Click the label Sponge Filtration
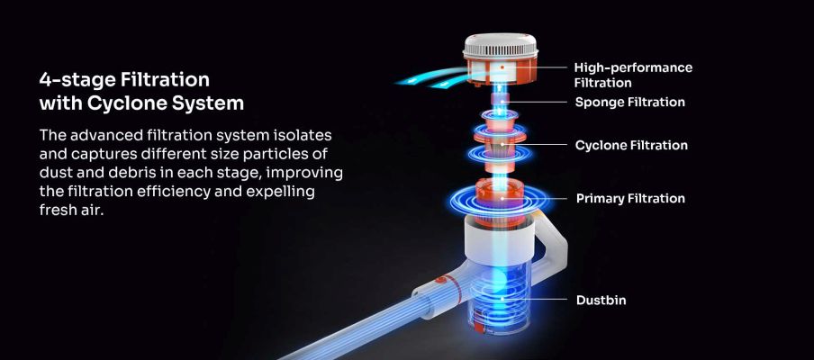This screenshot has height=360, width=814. (x=629, y=103)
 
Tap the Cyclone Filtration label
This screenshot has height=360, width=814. (x=631, y=145)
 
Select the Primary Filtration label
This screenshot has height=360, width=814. (x=630, y=199)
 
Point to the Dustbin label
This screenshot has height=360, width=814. (x=601, y=301)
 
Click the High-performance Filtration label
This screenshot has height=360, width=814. (x=633, y=76)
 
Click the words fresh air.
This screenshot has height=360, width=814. (x=72, y=210)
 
